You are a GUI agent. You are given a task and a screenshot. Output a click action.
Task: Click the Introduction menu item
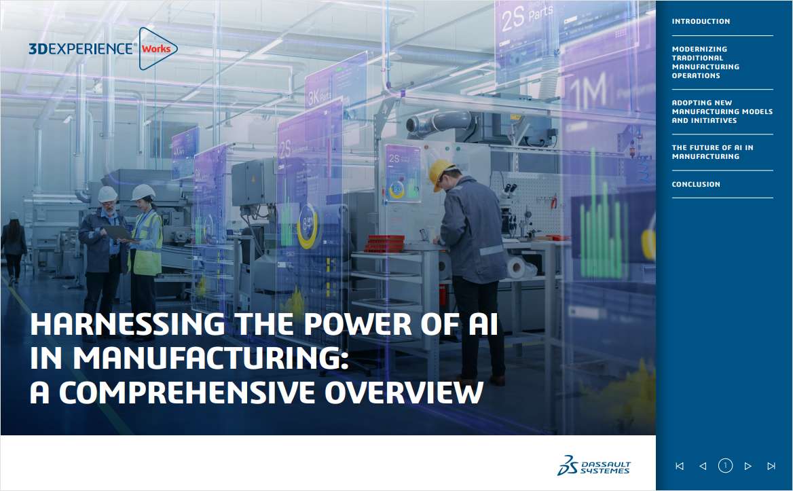coord(701,22)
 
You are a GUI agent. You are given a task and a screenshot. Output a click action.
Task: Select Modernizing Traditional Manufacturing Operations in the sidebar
coord(705,62)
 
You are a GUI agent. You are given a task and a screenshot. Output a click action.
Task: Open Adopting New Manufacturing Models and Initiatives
coord(722,112)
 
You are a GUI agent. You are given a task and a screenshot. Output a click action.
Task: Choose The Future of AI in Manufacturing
coord(712,152)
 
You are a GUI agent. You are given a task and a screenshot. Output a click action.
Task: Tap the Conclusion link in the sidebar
coord(696,185)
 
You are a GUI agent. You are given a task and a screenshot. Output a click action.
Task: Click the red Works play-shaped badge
coord(158,49)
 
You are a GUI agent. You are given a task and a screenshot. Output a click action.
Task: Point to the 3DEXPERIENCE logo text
coord(81,49)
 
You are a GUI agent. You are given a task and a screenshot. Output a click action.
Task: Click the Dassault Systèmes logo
coord(593,465)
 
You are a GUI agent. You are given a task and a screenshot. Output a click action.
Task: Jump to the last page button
coord(771,466)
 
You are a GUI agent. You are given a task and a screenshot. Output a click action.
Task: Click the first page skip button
coord(680,466)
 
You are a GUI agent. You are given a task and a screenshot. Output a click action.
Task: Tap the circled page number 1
coord(725,466)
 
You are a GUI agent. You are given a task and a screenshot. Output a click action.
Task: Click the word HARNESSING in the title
coord(128,325)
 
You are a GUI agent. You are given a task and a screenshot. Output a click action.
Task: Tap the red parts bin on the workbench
coord(385,243)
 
